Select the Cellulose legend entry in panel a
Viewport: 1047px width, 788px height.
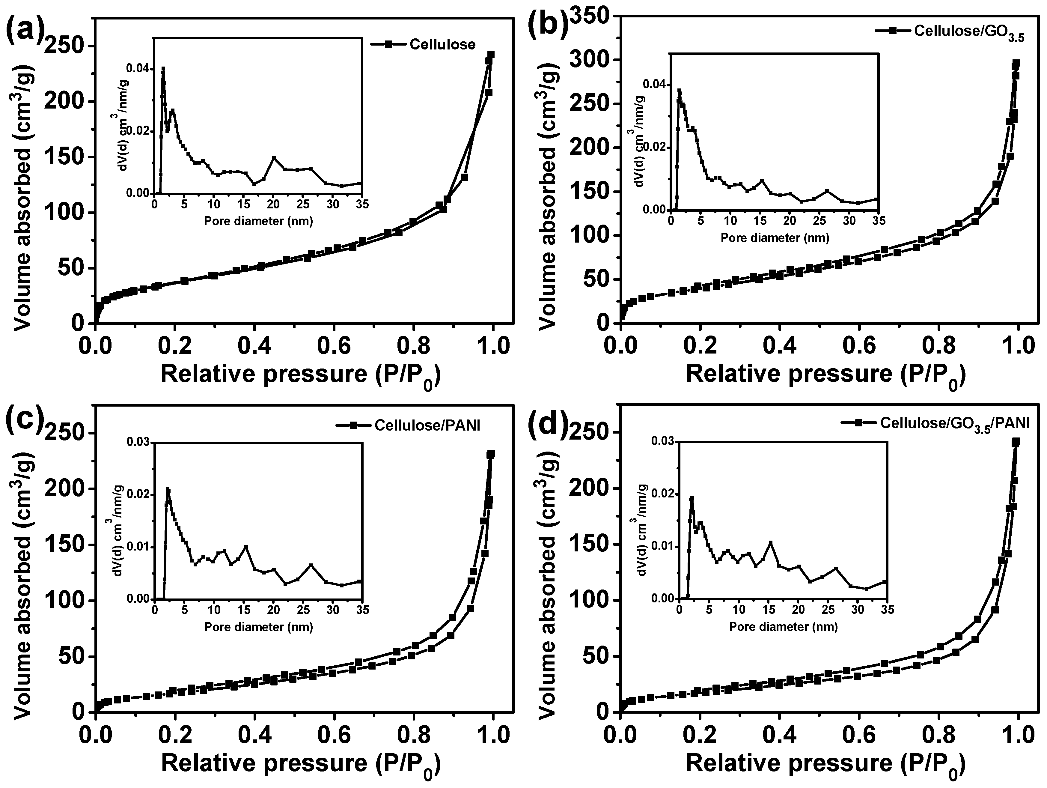point(442,44)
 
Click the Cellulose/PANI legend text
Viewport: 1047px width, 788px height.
point(427,425)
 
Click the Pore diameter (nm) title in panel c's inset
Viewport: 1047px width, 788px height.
point(258,628)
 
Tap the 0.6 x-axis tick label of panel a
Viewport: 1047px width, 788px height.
point(334,346)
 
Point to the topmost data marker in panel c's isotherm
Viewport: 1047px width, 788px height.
point(491,454)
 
